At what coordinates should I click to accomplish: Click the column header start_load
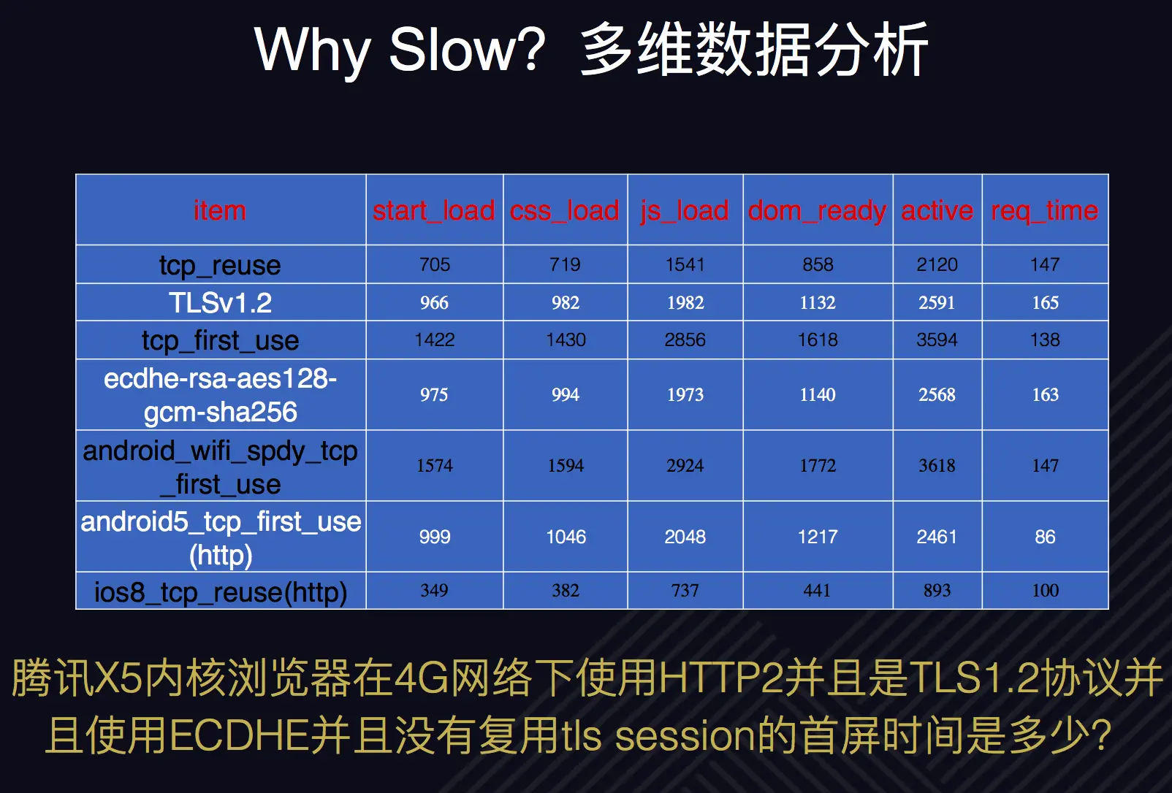pyautogui.click(x=434, y=211)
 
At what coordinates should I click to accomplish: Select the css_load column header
pyautogui.click(x=565, y=211)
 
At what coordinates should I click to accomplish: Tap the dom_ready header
pyautogui.click(x=818, y=212)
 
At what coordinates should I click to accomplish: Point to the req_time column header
pyautogui.click(x=1045, y=212)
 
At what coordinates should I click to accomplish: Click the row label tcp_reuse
pyautogui.click(x=220, y=266)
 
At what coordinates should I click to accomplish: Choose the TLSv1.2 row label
pyautogui.click(x=220, y=302)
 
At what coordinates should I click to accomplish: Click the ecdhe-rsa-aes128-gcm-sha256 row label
pyautogui.click(x=220, y=395)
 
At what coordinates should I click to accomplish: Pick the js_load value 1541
pyautogui.click(x=685, y=264)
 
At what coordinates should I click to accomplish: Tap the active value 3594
pyautogui.click(x=937, y=340)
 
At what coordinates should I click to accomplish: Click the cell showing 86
pyautogui.click(x=1045, y=537)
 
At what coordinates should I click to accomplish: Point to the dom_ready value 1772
pyautogui.click(x=818, y=465)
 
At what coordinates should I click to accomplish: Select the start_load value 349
pyautogui.click(x=434, y=590)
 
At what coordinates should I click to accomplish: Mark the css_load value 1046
pyautogui.click(x=566, y=537)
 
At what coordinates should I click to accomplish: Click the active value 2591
pyautogui.click(x=937, y=302)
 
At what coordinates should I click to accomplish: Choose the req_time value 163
pyautogui.click(x=1045, y=394)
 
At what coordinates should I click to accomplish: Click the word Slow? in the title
pyautogui.click(x=467, y=50)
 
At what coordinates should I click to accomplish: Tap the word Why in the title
pyautogui.click(x=313, y=53)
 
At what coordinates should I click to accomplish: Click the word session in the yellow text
pyautogui.click(x=686, y=736)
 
